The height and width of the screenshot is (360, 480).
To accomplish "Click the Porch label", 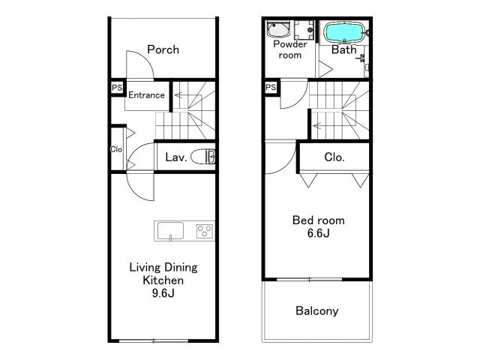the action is [163, 49].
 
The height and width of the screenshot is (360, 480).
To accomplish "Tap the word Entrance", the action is [146, 95].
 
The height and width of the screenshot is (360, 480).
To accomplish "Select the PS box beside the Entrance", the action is [117, 88].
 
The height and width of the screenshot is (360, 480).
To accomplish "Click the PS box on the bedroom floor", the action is [271, 88].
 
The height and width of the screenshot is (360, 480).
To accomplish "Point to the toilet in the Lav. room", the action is [203, 157].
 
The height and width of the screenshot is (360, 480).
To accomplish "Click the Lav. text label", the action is [176, 157].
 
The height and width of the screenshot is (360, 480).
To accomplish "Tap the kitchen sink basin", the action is [170, 231].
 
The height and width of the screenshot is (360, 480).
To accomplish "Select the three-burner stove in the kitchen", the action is [205, 231].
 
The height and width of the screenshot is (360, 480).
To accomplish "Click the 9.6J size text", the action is [163, 293].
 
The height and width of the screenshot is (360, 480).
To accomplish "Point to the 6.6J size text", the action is [318, 233].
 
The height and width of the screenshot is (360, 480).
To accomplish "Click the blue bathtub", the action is [345, 32].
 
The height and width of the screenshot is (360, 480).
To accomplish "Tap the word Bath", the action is [344, 49].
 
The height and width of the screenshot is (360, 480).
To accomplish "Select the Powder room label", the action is [290, 49].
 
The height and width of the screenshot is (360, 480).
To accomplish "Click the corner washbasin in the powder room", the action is [277, 30].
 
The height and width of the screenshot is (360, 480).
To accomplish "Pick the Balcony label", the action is [317, 311].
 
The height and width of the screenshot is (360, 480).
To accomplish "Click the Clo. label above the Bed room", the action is [334, 157].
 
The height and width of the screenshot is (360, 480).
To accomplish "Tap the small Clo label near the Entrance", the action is [116, 149].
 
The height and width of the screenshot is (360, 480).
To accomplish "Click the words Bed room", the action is [318, 220].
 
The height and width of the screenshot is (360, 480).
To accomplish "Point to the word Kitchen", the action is [163, 280].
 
